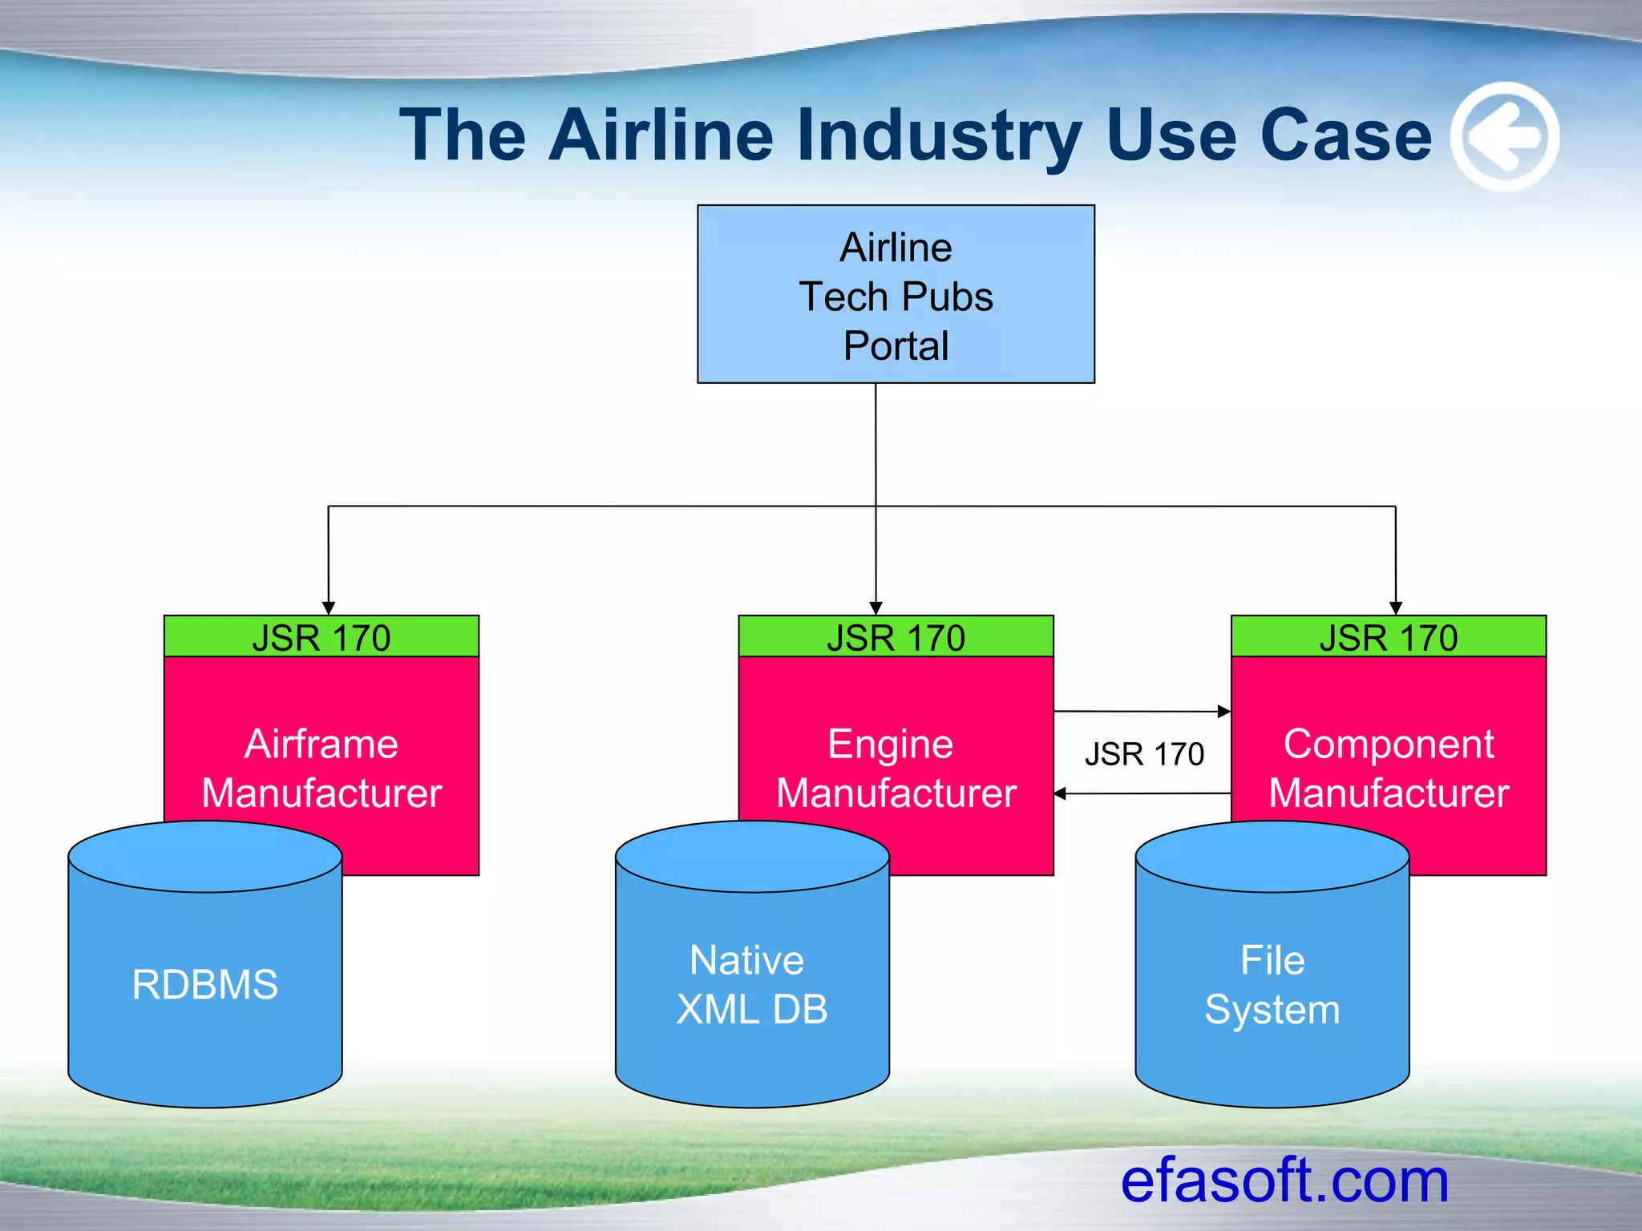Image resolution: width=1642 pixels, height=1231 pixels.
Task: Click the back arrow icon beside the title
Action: click(1504, 136)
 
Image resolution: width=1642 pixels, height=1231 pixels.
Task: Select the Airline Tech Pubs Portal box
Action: click(896, 294)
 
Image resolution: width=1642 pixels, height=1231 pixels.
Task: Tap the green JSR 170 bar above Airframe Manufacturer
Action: click(321, 637)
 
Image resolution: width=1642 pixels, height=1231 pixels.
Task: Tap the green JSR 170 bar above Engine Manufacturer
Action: click(896, 637)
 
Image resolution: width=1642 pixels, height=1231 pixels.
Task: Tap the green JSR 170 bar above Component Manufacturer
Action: click(1388, 637)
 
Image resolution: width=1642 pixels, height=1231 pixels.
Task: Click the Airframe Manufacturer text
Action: click(321, 768)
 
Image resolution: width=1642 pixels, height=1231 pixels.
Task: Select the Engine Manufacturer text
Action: click(896, 768)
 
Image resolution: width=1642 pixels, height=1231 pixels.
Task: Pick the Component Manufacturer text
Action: click(1388, 768)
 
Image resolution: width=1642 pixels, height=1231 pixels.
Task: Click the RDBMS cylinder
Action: click(205, 983)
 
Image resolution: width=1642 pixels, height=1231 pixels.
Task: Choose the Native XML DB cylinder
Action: click(751, 983)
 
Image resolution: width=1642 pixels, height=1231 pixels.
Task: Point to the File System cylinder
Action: click(1272, 983)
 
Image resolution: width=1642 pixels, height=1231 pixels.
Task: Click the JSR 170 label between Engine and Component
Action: click(1144, 754)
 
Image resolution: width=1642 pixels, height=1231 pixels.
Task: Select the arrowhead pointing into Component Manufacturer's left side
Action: click(1224, 711)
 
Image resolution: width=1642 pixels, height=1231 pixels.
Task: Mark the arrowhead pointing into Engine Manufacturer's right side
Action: click(1060, 793)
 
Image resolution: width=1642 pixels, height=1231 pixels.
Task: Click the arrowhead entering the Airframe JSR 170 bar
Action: click(328, 608)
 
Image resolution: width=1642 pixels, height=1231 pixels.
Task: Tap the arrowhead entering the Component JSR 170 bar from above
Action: click(1395, 608)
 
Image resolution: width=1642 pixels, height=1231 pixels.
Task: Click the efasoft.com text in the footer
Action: click(1284, 1181)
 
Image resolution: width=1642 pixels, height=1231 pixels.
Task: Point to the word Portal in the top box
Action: click(896, 346)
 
